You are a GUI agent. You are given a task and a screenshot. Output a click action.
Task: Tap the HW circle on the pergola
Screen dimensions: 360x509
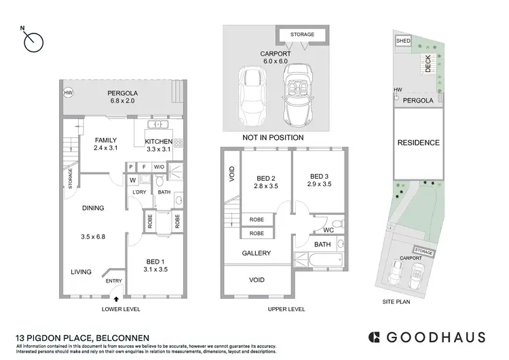pyautogui.click(x=68, y=92)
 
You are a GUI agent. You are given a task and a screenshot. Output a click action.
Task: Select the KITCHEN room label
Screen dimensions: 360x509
pyautogui.click(x=159, y=141)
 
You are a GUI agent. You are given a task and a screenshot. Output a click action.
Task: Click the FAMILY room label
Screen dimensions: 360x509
pyautogui.click(x=105, y=140)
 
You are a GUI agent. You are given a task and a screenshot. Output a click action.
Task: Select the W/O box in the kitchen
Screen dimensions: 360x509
pyautogui.click(x=159, y=167)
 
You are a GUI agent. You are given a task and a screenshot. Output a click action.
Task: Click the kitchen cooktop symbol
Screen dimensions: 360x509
pyautogui.click(x=179, y=143)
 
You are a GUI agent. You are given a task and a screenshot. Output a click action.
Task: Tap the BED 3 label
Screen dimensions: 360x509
pyautogui.click(x=320, y=175)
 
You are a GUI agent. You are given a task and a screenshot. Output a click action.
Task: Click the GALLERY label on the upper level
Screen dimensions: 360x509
pyautogui.click(x=257, y=253)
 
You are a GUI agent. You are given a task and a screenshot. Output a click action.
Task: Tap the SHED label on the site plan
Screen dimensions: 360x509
pyautogui.click(x=403, y=41)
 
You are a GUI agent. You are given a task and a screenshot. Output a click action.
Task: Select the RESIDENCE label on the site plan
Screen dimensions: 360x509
pyautogui.click(x=418, y=143)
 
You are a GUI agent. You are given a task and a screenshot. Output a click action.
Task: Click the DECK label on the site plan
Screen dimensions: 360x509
pyautogui.click(x=428, y=64)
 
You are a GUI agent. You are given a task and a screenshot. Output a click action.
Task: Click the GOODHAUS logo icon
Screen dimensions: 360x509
pyautogui.click(x=373, y=337)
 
